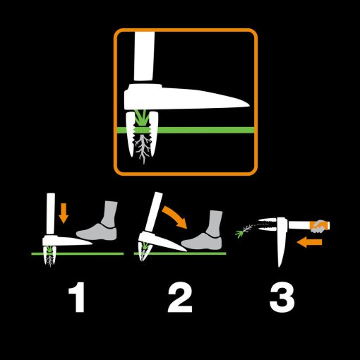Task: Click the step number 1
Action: (x=77, y=297)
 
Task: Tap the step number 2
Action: (x=180, y=297)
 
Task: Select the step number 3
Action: (x=282, y=297)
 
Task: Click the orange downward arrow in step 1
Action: (x=64, y=213)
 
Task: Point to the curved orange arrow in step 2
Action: (x=175, y=217)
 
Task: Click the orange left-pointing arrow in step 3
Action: (x=309, y=242)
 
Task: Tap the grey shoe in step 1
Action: (x=97, y=232)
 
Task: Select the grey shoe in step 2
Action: (x=202, y=241)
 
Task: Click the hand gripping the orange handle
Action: (x=318, y=227)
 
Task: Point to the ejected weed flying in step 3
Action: (x=244, y=230)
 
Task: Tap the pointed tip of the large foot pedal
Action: (x=248, y=105)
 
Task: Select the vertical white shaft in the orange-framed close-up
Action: (x=144, y=56)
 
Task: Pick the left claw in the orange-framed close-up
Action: (x=131, y=134)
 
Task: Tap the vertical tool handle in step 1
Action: (x=51, y=214)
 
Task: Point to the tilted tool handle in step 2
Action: (x=153, y=212)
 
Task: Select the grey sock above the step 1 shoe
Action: (x=109, y=214)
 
